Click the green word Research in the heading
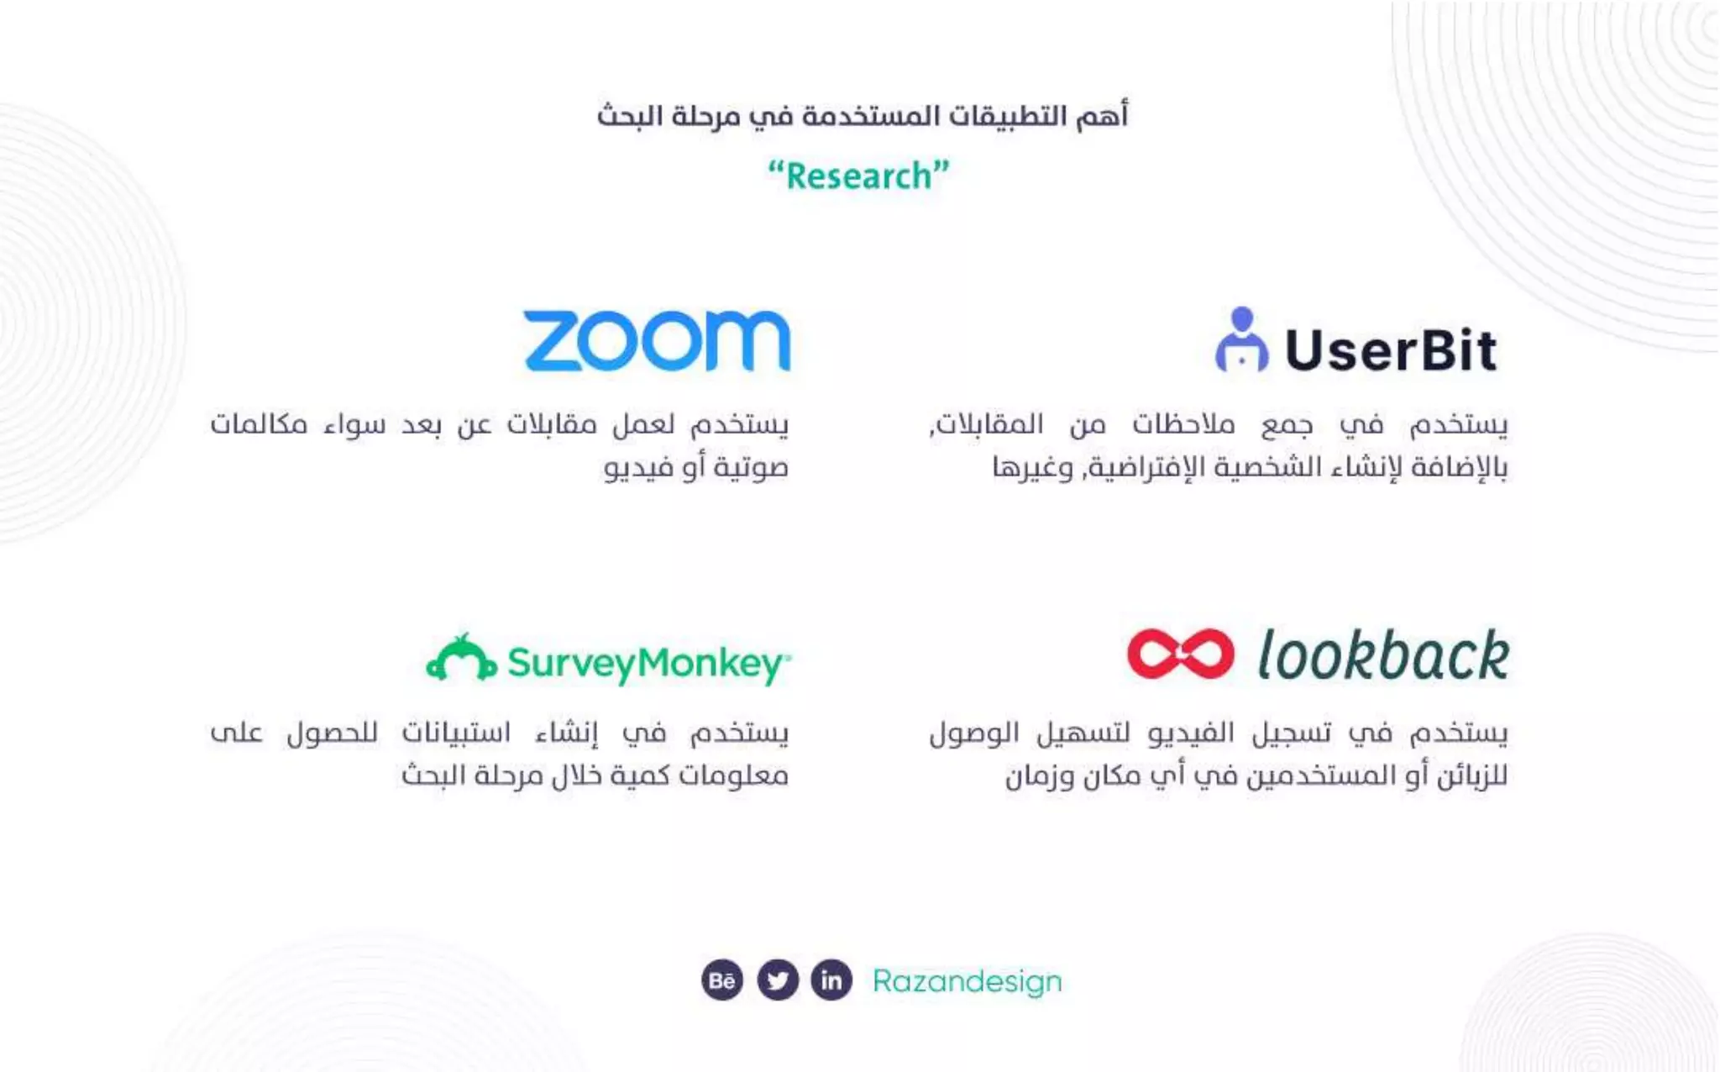[858, 176]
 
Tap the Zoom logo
[657, 340]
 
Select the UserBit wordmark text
[1391, 350]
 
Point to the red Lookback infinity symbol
[1180, 654]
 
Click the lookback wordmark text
[1382, 655]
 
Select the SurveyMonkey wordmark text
[647, 664]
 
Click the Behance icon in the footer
[722, 980]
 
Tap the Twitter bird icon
[778, 980]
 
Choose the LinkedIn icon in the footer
[831, 980]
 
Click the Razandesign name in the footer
[967, 981]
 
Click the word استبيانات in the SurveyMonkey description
[456, 733]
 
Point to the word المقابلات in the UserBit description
[988, 425]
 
